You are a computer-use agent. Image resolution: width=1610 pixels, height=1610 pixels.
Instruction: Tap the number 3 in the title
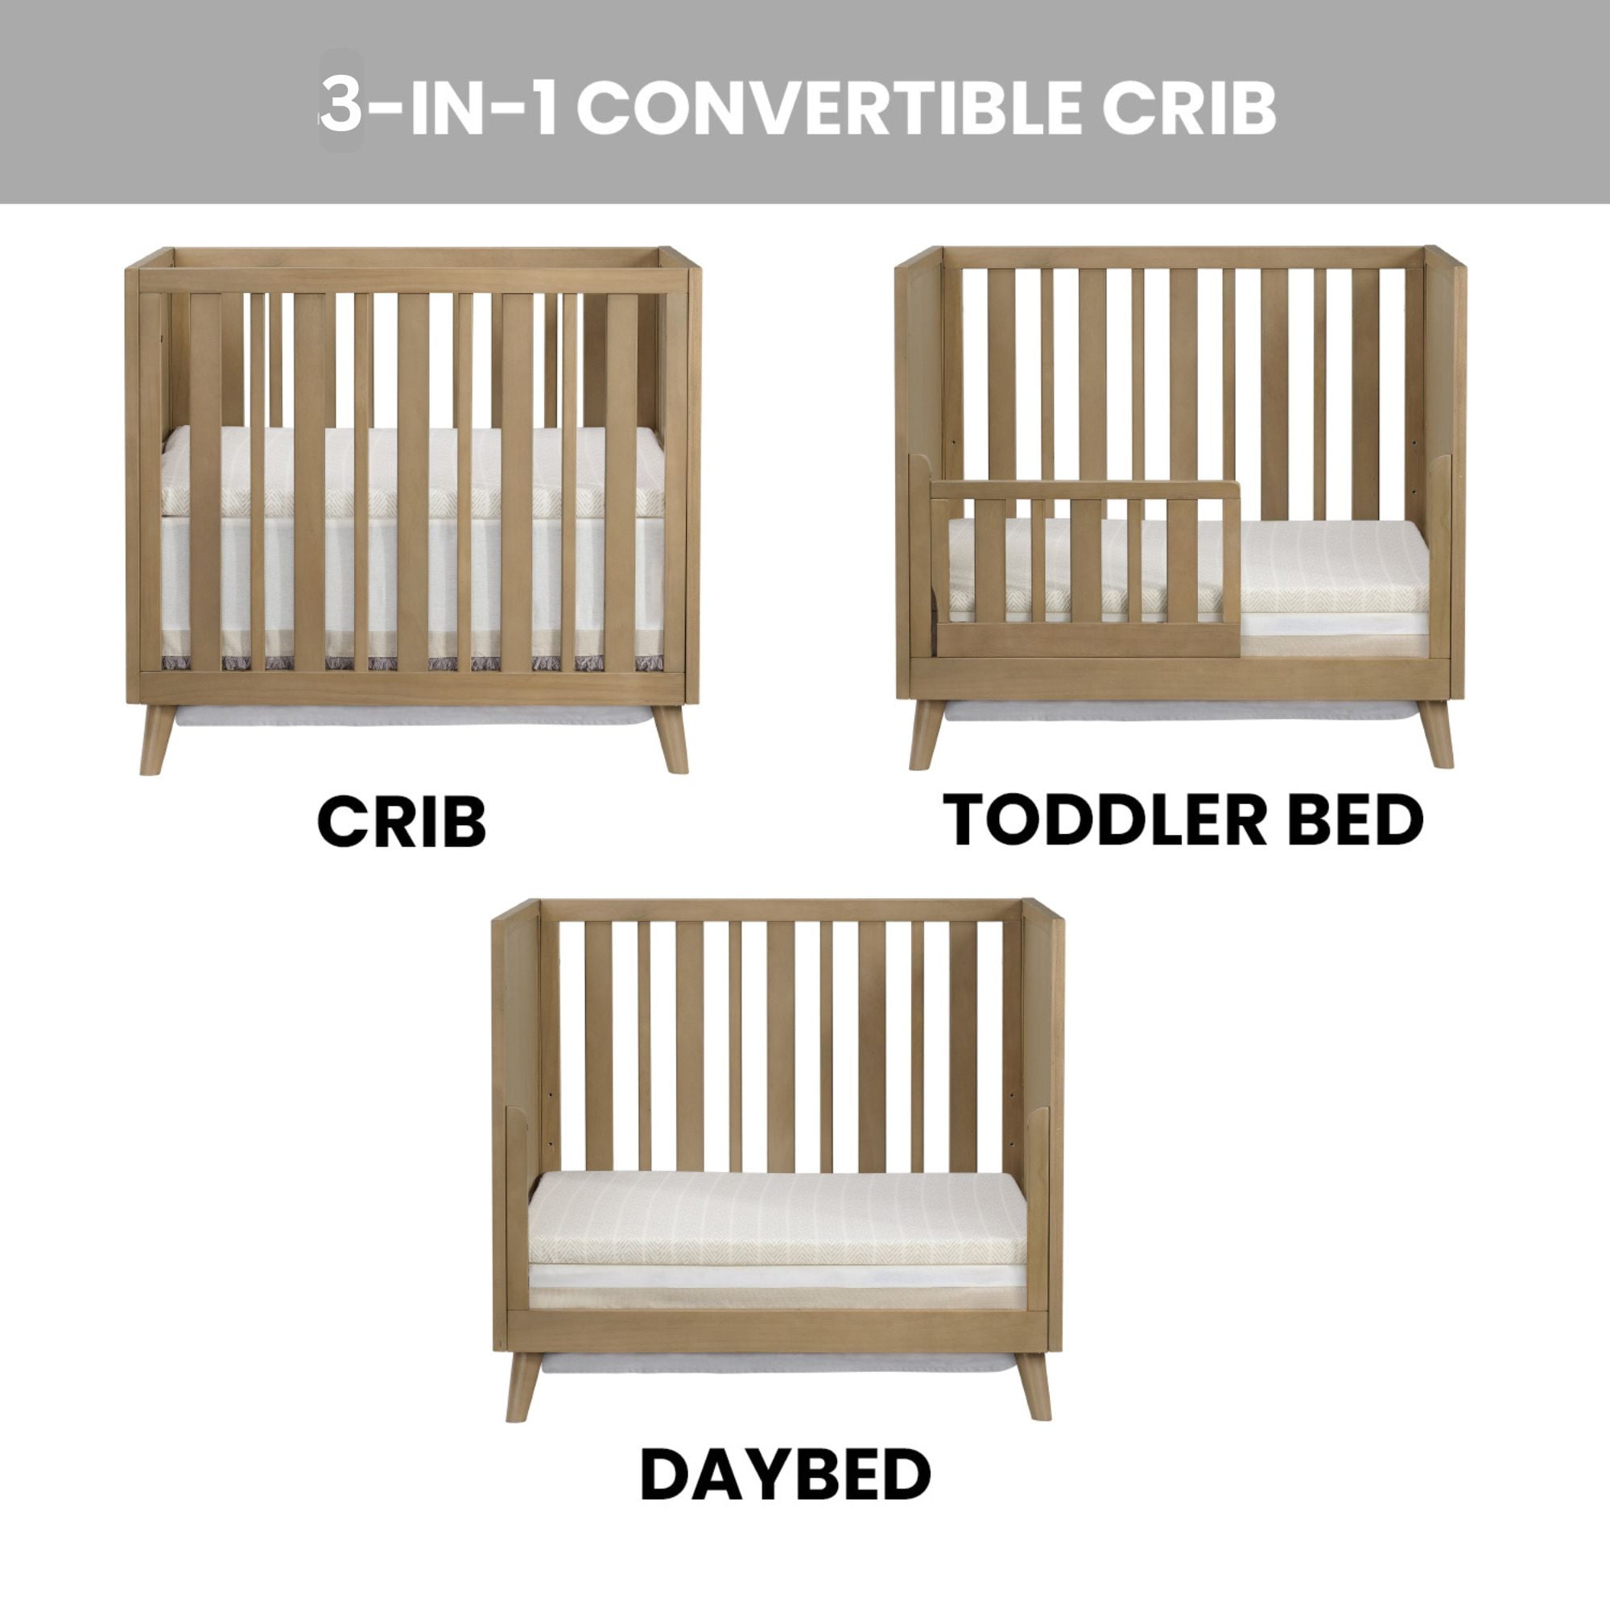pos(341,108)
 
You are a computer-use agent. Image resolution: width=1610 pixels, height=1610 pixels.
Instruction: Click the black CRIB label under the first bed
pos(402,822)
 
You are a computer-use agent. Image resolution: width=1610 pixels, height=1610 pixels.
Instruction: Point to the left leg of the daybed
pos(522,1387)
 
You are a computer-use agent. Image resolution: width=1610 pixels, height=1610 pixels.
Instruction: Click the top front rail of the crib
pos(412,280)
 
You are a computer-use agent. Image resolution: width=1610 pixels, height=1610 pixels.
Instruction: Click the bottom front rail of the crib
pos(412,688)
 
